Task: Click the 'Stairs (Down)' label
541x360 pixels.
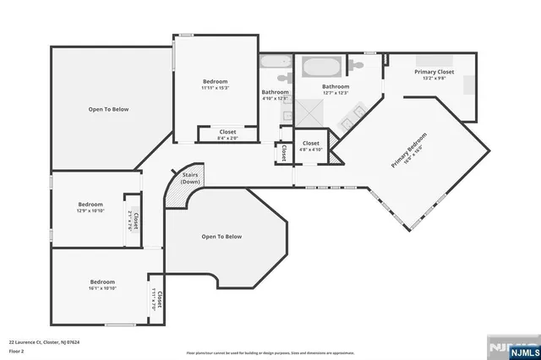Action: point(190,178)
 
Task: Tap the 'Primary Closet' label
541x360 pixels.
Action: point(434,73)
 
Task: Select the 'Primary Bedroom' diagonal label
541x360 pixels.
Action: point(408,153)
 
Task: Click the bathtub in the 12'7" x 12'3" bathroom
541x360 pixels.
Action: point(318,66)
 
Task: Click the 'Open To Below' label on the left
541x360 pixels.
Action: point(109,109)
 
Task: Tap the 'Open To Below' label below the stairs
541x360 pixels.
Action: point(221,237)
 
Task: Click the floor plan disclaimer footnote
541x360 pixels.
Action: point(270,351)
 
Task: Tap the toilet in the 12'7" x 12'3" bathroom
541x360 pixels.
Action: point(358,63)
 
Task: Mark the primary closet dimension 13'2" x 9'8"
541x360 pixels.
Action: point(434,79)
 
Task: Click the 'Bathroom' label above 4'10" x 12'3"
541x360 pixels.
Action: point(275,92)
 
